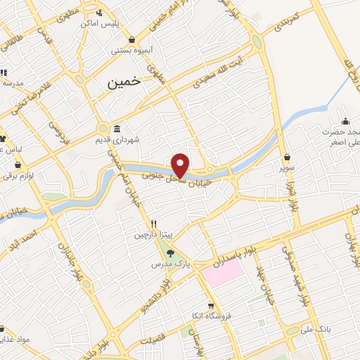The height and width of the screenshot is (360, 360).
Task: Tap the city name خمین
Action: click(x=124, y=82)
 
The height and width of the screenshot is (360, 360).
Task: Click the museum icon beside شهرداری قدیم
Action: click(x=115, y=129)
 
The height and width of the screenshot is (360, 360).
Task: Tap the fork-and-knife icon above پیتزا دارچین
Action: click(x=143, y=224)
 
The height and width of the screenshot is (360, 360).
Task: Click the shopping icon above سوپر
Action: click(x=287, y=157)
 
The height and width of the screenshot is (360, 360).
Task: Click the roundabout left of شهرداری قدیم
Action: click(x=103, y=130)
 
